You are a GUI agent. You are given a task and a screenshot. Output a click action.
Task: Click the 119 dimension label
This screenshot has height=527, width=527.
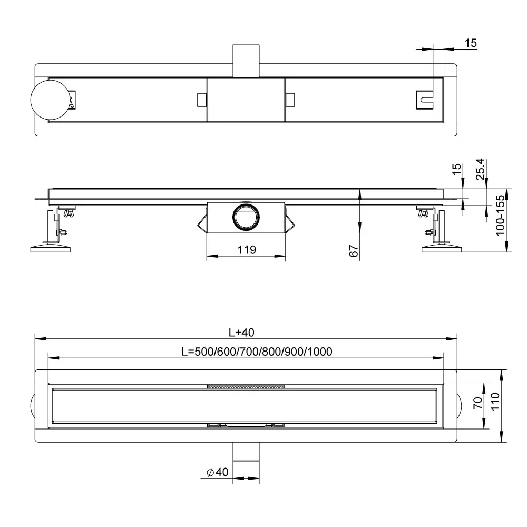tap(247, 250)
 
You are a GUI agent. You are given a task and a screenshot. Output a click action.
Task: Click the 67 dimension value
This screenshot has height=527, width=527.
tap(354, 251)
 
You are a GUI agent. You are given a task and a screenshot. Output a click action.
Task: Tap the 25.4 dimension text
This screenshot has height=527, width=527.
tap(481, 169)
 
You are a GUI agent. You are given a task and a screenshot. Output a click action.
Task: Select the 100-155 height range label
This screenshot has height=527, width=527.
tap(501, 215)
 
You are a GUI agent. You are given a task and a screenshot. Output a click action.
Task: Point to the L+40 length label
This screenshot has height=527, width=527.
tap(241, 333)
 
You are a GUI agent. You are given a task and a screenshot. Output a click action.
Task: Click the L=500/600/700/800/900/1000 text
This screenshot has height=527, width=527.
tap(257, 352)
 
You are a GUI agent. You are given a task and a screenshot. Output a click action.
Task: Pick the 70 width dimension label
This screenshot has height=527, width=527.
tap(479, 403)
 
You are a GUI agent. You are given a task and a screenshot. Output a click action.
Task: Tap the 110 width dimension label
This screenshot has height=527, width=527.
tap(495, 402)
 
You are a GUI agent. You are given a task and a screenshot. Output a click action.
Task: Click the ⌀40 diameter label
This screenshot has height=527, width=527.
tap(218, 472)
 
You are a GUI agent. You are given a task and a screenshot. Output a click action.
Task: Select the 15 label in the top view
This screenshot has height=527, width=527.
tap(471, 43)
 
